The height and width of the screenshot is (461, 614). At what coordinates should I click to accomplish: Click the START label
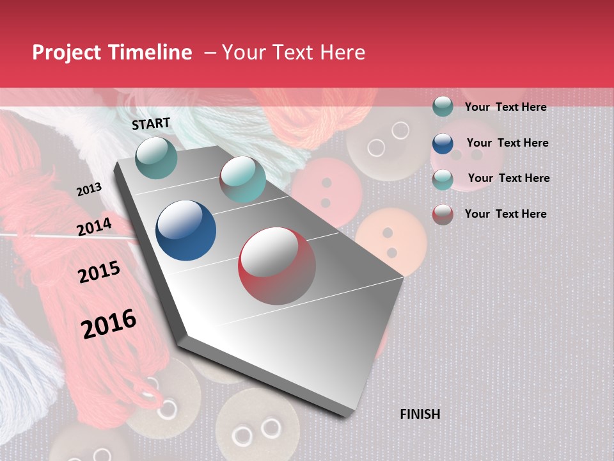[151, 124]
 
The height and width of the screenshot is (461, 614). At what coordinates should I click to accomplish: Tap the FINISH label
[420, 414]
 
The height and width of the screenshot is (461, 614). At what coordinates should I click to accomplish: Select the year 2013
[89, 190]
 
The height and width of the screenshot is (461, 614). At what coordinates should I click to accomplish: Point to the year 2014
[94, 227]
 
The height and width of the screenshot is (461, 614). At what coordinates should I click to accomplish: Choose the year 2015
[98, 273]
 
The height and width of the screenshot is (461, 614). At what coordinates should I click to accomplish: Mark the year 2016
[109, 324]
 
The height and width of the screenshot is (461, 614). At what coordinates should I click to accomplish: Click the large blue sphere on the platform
[185, 230]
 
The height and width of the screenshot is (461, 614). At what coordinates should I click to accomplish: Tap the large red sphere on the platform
[277, 266]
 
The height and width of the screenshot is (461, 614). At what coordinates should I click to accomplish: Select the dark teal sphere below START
[157, 158]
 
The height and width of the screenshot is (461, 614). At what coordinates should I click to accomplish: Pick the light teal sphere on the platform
[242, 179]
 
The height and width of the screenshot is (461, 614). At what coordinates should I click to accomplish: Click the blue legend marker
[442, 143]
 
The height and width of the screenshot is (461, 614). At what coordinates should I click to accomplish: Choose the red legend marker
[442, 214]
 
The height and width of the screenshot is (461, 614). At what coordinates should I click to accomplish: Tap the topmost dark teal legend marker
[442, 107]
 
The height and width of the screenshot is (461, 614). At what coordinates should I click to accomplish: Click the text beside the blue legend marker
[507, 143]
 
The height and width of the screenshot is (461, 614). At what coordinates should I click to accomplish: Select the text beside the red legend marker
[505, 214]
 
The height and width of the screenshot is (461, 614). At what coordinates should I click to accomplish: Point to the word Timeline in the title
[150, 53]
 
